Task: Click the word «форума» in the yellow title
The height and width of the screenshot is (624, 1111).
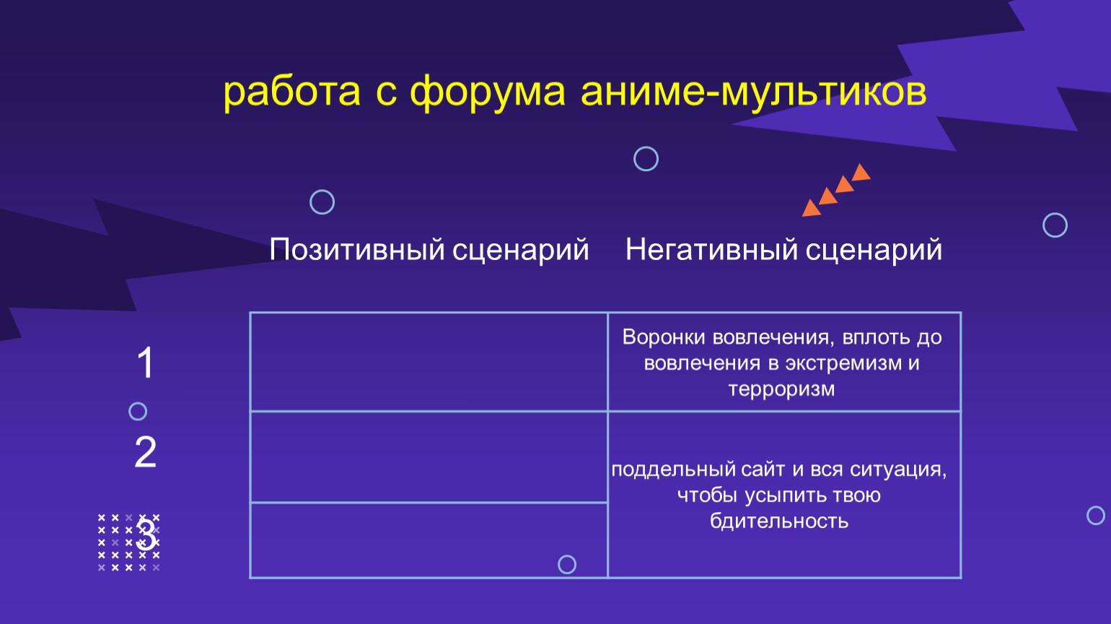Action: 487,93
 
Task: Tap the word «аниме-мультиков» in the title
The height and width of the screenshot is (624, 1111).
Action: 753,92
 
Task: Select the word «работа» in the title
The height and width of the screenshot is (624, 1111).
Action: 291,92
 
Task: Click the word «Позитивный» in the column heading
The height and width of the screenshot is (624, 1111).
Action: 356,249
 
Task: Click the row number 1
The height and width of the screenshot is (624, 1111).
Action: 145,363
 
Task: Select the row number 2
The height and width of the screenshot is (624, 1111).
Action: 145,451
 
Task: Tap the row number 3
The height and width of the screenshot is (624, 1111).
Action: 146,534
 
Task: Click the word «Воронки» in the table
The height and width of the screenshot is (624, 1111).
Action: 664,337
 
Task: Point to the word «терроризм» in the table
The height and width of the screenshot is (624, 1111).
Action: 782,389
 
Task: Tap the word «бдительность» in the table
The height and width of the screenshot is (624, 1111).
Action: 779,521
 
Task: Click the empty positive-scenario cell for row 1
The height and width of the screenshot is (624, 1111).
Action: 429,362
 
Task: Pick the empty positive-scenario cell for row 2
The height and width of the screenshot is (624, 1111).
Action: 429,456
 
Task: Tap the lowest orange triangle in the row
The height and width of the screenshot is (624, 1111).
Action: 811,209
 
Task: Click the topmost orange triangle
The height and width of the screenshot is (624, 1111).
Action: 861,173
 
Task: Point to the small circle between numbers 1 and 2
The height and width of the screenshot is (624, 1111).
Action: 138,402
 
